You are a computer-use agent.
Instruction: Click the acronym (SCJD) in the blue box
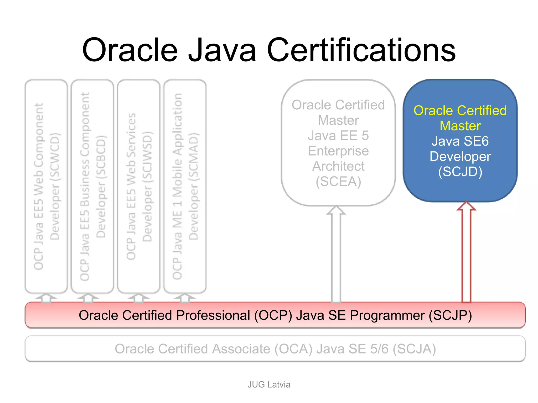click(460, 172)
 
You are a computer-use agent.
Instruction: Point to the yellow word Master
click(460, 126)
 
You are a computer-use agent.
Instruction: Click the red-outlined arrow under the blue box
click(466, 252)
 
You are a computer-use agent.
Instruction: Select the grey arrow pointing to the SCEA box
click(336, 254)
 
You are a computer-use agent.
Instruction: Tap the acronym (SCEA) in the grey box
click(338, 182)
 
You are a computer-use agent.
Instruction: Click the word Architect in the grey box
click(338, 166)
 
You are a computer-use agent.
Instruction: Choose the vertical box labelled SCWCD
click(46, 186)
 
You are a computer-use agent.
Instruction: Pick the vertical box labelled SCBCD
click(92, 186)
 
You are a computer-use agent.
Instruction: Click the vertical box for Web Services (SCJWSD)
click(139, 186)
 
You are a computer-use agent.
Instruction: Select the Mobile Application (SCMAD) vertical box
click(185, 186)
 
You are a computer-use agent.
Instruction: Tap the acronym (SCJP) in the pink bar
click(450, 315)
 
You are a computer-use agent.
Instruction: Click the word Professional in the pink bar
click(213, 315)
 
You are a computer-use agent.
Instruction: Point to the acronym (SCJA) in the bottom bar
click(414, 349)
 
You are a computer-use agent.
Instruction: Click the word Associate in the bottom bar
click(241, 349)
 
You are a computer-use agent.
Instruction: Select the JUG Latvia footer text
click(269, 384)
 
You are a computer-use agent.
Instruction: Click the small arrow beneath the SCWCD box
click(46, 298)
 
